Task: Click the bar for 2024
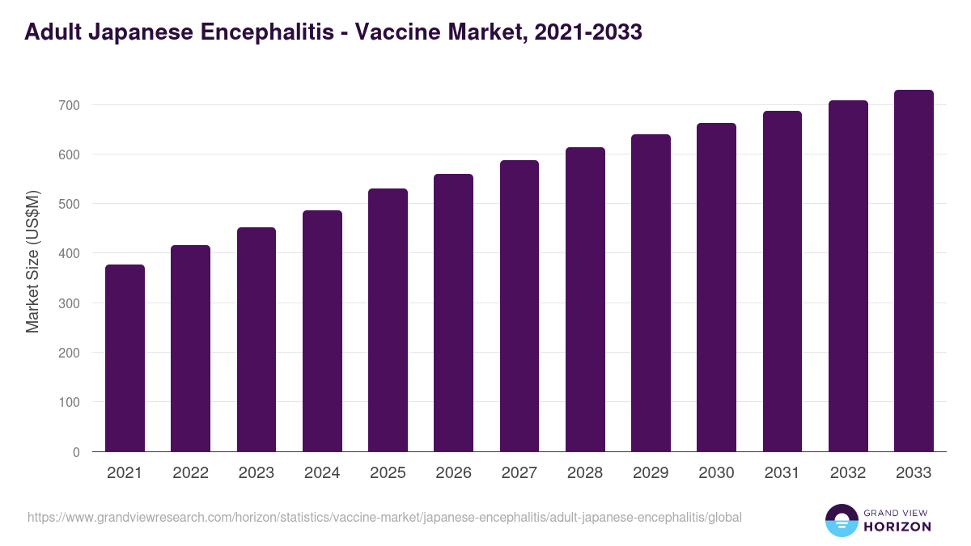pyautogui.click(x=322, y=331)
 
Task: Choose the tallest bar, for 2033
pyautogui.click(x=914, y=271)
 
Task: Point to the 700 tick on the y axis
pyautogui.click(x=69, y=105)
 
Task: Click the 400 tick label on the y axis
pyautogui.click(x=69, y=254)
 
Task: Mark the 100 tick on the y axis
pyautogui.click(x=69, y=403)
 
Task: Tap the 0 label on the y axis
pyautogui.click(x=76, y=452)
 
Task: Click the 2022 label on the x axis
pyautogui.click(x=190, y=473)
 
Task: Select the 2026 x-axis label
pyautogui.click(x=453, y=473)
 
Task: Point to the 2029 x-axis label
pyautogui.click(x=651, y=473)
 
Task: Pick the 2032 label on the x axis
pyautogui.click(x=848, y=473)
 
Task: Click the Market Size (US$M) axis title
pyautogui.click(x=32, y=261)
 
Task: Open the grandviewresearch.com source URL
pyautogui.click(x=384, y=517)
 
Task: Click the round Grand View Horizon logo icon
pyautogui.click(x=842, y=520)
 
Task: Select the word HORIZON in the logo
pyautogui.click(x=897, y=527)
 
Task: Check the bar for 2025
pyautogui.click(x=388, y=320)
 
